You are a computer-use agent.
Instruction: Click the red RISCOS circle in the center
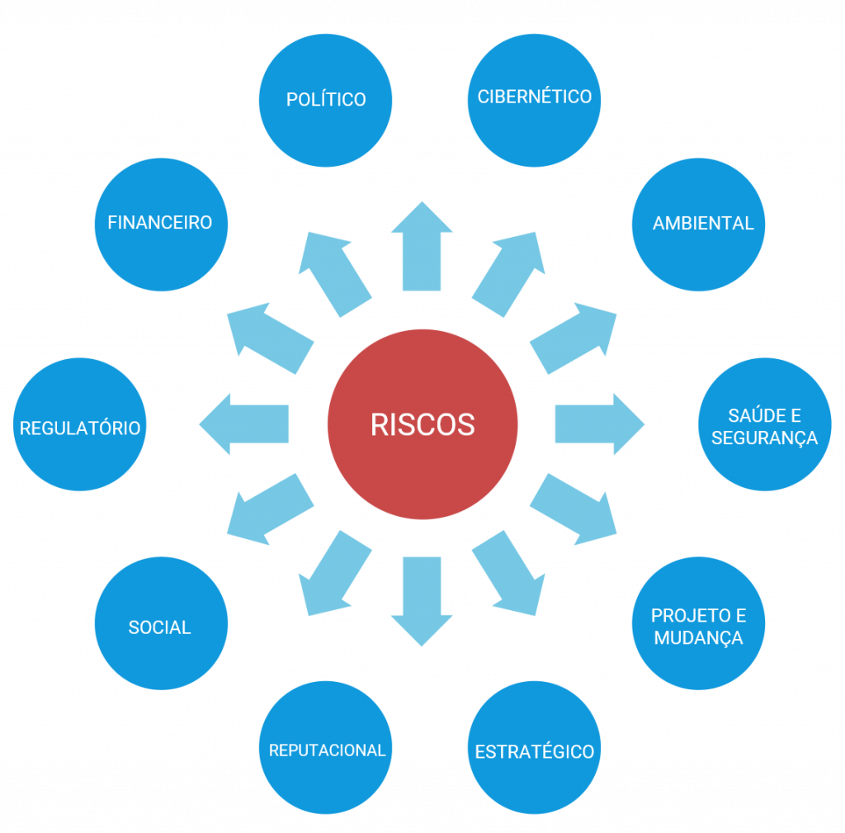coord(422,424)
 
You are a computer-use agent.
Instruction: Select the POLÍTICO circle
coord(325,100)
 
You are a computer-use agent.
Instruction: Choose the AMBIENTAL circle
coord(698,224)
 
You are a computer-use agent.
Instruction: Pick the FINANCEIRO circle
coord(160,224)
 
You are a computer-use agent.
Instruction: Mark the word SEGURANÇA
coord(764,438)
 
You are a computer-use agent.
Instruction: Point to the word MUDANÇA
coord(698,638)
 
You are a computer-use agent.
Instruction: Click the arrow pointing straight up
coord(422,247)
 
